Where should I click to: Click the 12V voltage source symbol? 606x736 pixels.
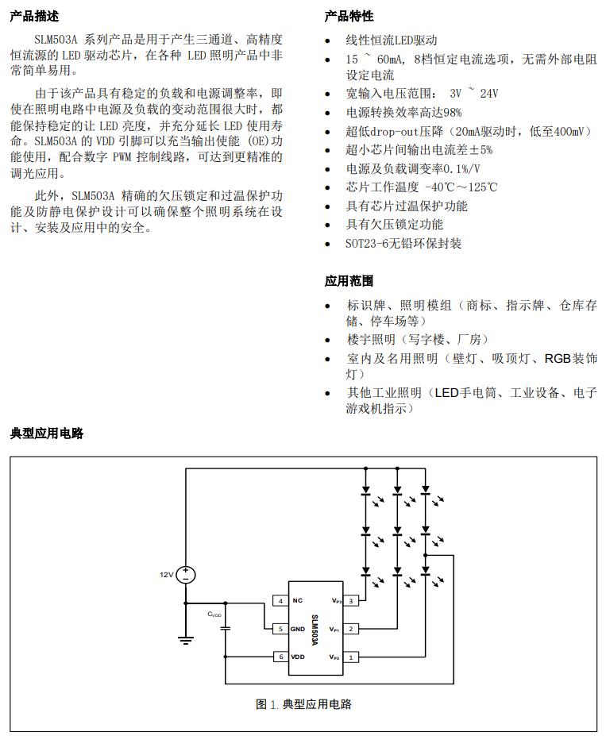(186, 574)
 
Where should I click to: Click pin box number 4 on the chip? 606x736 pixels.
(280, 601)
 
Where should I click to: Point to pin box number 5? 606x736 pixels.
(280, 629)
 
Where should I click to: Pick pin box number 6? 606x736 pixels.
(280, 657)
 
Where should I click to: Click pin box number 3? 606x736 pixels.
(351, 601)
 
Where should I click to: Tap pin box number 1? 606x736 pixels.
(351, 657)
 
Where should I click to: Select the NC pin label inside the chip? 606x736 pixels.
(297, 601)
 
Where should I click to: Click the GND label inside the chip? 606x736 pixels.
(299, 629)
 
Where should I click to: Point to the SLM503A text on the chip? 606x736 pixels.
(315, 629)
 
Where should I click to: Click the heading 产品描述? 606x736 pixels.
(34, 16)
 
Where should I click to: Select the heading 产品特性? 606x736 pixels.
(349, 16)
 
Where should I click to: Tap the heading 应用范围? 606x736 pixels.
(349, 281)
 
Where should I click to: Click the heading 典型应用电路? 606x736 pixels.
(47, 434)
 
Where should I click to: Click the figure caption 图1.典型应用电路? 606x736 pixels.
(303, 704)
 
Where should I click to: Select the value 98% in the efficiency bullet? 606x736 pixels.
(452, 113)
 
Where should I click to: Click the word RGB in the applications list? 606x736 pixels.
(557, 359)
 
